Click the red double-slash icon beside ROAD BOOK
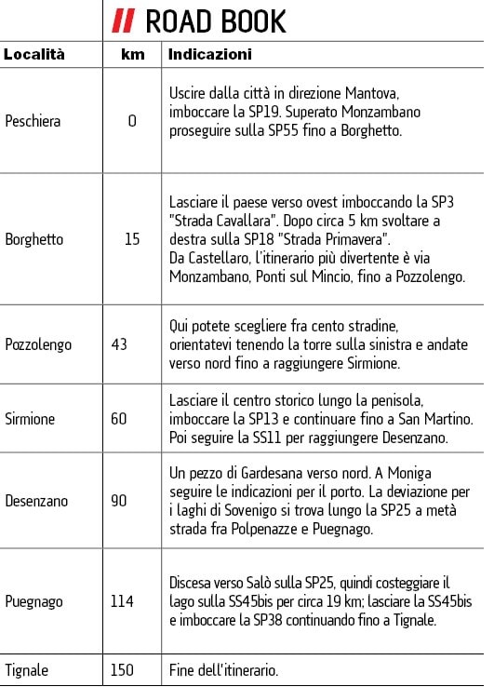124,20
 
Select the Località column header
34,55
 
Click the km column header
132,55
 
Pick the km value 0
132,121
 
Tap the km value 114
122,601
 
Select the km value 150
122,670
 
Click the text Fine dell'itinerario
224,670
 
